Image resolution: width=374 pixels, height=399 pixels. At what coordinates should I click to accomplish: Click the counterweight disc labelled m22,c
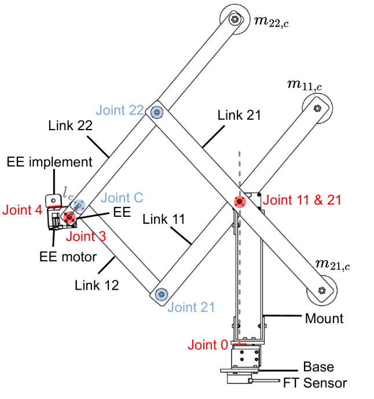pyautogui.click(x=234, y=20)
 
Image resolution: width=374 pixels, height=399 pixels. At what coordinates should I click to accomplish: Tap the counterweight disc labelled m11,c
pyautogui.click(x=317, y=108)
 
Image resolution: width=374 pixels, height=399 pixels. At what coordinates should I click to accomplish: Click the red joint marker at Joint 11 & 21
pyautogui.click(x=240, y=201)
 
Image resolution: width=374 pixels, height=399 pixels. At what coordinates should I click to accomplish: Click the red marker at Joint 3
pyautogui.click(x=69, y=217)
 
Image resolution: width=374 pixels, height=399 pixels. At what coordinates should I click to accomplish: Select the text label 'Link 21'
pyautogui.click(x=240, y=115)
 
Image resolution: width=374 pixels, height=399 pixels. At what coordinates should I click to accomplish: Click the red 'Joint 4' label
pyautogui.click(x=22, y=209)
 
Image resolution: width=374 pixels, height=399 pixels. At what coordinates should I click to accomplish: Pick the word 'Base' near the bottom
pyautogui.click(x=319, y=367)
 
